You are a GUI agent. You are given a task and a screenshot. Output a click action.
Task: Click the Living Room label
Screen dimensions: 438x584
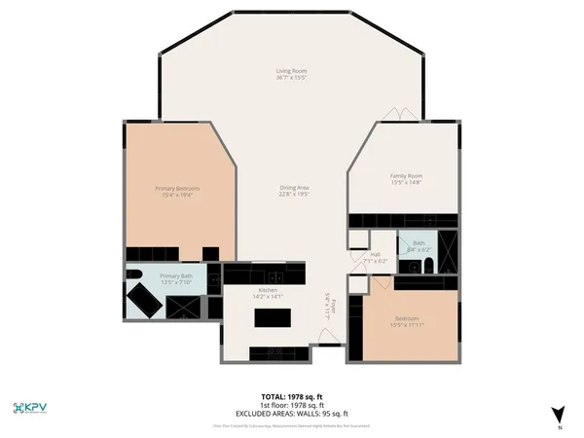click(x=291, y=71)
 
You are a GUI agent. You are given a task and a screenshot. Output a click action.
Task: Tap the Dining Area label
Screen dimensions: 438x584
click(x=294, y=187)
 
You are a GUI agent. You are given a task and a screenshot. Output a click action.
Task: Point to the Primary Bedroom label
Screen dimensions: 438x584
click(x=177, y=188)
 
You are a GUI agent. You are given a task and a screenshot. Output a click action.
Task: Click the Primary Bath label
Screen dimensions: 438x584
click(x=176, y=276)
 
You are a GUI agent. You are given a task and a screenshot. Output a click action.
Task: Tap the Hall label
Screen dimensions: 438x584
click(x=376, y=254)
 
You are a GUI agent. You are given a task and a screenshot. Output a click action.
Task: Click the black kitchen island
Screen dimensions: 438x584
click(x=273, y=317)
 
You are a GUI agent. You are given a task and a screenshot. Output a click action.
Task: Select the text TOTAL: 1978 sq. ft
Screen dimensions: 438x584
click(x=291, y=396)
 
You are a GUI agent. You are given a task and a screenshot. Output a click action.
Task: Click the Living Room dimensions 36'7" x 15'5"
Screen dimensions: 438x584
click(x=291, y=78)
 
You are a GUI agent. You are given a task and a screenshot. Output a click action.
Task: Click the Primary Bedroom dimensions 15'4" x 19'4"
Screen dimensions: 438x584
click(x=177, y=195)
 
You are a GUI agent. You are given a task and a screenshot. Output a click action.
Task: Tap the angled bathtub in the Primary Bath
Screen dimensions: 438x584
click(x=146, y=300)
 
